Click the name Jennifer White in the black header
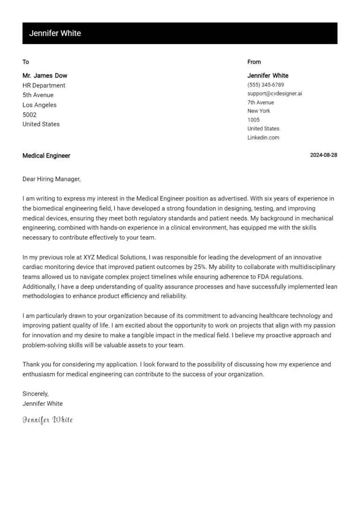click(x=55, y=33)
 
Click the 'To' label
click(x=26, y=62)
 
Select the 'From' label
click(x=254, y=62)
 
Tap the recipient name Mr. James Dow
click(x=45, y=75)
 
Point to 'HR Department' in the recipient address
click(x=44, y=85)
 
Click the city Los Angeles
click(x=39, y=105)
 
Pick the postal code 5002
click(x=30, y=115)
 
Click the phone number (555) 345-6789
click(x=265, y=85)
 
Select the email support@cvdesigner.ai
click(x=275, y=94)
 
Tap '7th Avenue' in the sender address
click(x=261, y=103)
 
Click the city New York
click(x=259, y=111)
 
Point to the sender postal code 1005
click(x=254, y=120)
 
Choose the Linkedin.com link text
click(x=263, y=138)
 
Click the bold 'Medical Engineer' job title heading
click(x=46, y=156)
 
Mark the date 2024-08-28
click(x=323, y=156)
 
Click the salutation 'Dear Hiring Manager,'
click(x=52, y=179)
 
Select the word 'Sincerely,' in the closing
click(x=36, y=394)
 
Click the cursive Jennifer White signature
click(x=48, y=420)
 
